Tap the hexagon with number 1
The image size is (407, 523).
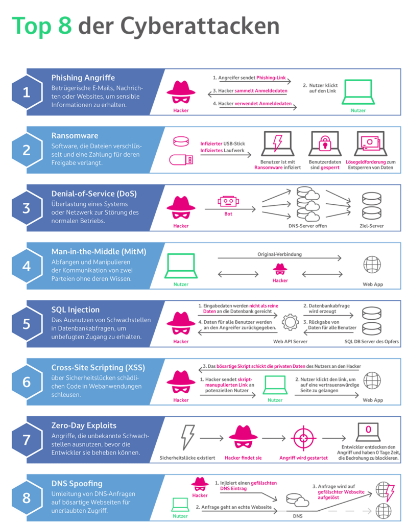pyautogui.click(x=26, y=92)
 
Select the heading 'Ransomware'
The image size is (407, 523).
pyautogui.click(x=74, y=136)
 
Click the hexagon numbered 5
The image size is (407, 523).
pyautogui.click(x=26, y=324)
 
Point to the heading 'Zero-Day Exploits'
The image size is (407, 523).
pyautogui.click(x=84, y=425)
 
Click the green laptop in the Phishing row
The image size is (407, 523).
pyautogui.click(x=358, y=92)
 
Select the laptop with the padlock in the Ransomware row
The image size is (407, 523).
pyautogui.click(x=325, y=144)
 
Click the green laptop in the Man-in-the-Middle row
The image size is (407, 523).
pyautogui.click(x=181, y=266)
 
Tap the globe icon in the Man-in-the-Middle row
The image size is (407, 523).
pyautogui.click(x=372, y=264)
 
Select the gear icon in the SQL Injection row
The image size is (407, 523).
pyautogui.click(x=290, y=321)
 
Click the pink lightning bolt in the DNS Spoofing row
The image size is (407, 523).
pyautogui.click(x=390, y=493)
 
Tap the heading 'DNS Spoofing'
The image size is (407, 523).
pyautogui.click(x=77, y=483)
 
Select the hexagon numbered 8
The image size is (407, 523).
pyautogui.click(x=26, y=497)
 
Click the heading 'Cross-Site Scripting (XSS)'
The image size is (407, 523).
pyautogui.click(x=97, y=368)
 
